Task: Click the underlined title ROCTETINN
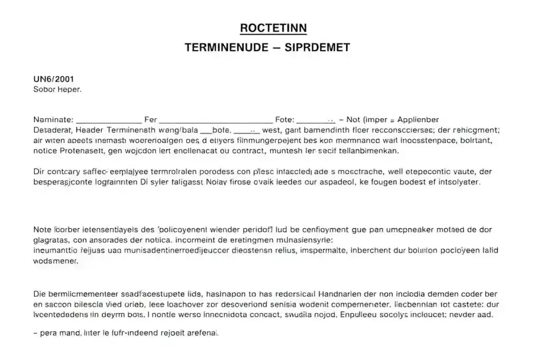point(273,27)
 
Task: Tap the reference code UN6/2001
point(53,80)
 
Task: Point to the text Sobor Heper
point(57,90)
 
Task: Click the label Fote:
point(285,120)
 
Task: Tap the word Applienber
point(418,120)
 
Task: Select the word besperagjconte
point(64,182)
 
